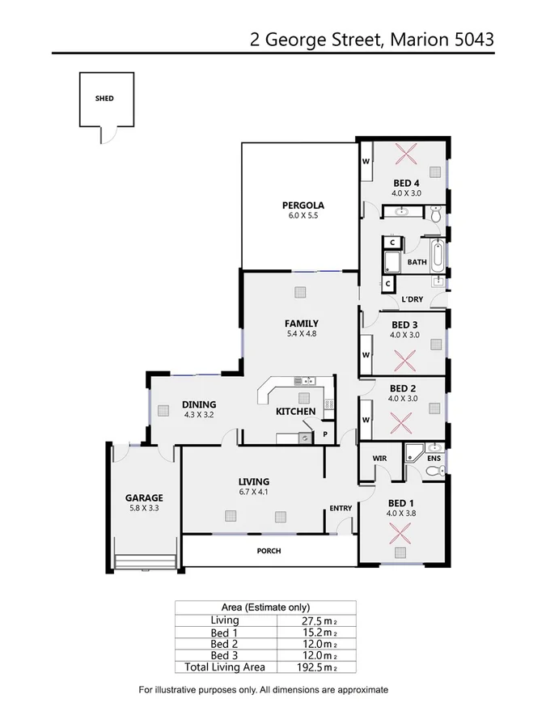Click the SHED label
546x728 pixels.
[104, 99]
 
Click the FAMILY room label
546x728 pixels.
[301, 323]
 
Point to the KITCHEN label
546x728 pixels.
[295, 411]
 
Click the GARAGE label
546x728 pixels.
[143, 497]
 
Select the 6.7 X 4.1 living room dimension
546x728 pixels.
[252, 491]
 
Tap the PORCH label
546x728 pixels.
[269, 551]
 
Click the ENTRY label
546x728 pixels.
[341, 508]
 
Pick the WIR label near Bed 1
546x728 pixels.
[380, 458]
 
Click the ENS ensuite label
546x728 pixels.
[434, 459]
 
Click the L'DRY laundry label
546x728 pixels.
[412, 299]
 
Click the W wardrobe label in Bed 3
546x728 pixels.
[366, 354]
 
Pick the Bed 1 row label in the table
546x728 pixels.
[224, 632]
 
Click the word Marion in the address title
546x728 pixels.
[414, 38]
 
